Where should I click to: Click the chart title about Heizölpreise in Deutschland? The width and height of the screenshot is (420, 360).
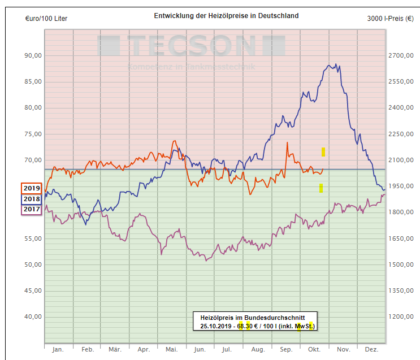226,16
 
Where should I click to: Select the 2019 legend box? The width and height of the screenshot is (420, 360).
32,189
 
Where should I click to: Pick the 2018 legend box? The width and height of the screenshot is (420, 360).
32,199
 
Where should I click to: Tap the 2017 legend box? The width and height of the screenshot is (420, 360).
32,209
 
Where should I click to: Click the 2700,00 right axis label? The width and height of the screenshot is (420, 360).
402,55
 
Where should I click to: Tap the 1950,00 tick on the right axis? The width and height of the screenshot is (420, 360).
402,186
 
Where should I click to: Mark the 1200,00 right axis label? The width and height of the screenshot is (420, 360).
402,316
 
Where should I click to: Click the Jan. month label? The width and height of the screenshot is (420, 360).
58,350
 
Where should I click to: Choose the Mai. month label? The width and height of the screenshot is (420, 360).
171,350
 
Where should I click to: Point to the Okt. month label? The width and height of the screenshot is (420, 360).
314,350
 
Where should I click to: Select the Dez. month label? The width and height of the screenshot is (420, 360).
371,350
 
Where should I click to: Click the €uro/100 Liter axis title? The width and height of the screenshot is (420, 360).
46,19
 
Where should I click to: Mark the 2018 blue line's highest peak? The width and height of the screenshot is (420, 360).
336,64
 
